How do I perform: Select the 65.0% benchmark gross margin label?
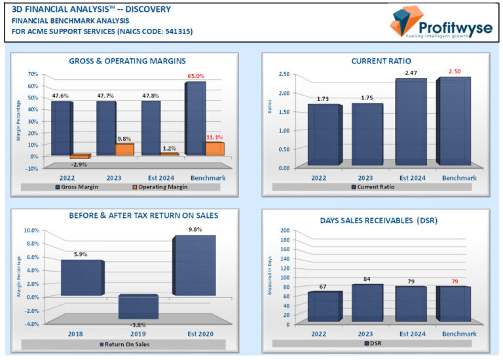point(195,76)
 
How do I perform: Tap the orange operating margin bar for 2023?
point(124,149)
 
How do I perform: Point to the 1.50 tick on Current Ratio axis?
point(284,112)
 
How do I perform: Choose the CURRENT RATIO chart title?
point(377,61)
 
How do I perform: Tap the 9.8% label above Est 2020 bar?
point(195,230)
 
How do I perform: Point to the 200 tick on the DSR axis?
point(285,231)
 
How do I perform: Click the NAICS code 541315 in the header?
point(176,31)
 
